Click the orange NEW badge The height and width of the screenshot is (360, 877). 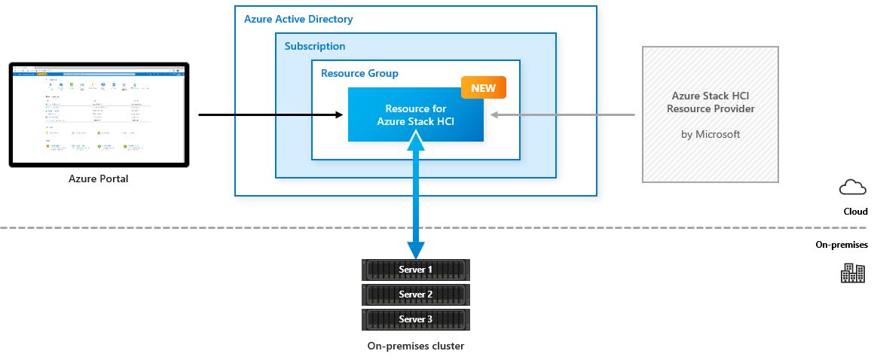coord(483,88)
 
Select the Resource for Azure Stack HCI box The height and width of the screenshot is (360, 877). coord(415,115)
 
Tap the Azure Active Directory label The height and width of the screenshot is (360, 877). coord(298,19)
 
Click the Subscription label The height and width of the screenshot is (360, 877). coord(315,47)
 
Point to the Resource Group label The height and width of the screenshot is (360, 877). coord(359,74)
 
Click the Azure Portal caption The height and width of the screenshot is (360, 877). coord(99,179)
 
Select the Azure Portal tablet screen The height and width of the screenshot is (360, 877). coord(99,114)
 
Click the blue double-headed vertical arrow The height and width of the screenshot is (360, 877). coord(416,194)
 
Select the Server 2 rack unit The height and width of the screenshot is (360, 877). coord(416,294)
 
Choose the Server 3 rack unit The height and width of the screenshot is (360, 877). coord(416,319)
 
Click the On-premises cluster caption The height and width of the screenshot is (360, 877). coord(416,346)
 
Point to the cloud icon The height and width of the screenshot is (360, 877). coord(852,188)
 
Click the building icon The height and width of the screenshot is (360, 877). coord(852,273)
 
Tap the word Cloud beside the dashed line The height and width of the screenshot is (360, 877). coord(854,212)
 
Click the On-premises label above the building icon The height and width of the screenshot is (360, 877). coord(842,245)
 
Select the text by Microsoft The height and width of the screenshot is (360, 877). coord(710,135)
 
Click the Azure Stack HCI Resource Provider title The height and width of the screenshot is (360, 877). coord(710,102)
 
